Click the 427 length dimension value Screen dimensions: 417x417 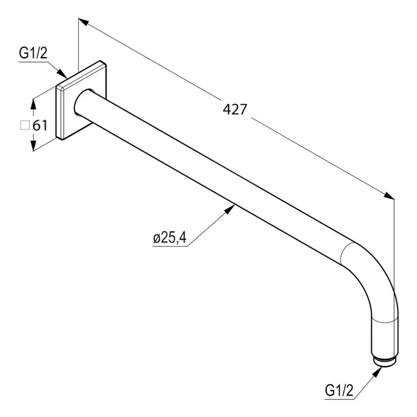pyautogui.click(x=235, y=109)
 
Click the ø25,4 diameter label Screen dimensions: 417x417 pyautogui.click(x=170, y=238)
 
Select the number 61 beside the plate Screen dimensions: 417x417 pyautogui.click(x=40, y=125)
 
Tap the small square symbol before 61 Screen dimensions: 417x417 pyautogui.click(x=25, y=125)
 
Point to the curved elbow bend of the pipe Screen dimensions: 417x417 pyautogui.click(x=373, y=277)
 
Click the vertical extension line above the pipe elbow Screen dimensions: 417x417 pyautogui.click(x=394, y=244)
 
